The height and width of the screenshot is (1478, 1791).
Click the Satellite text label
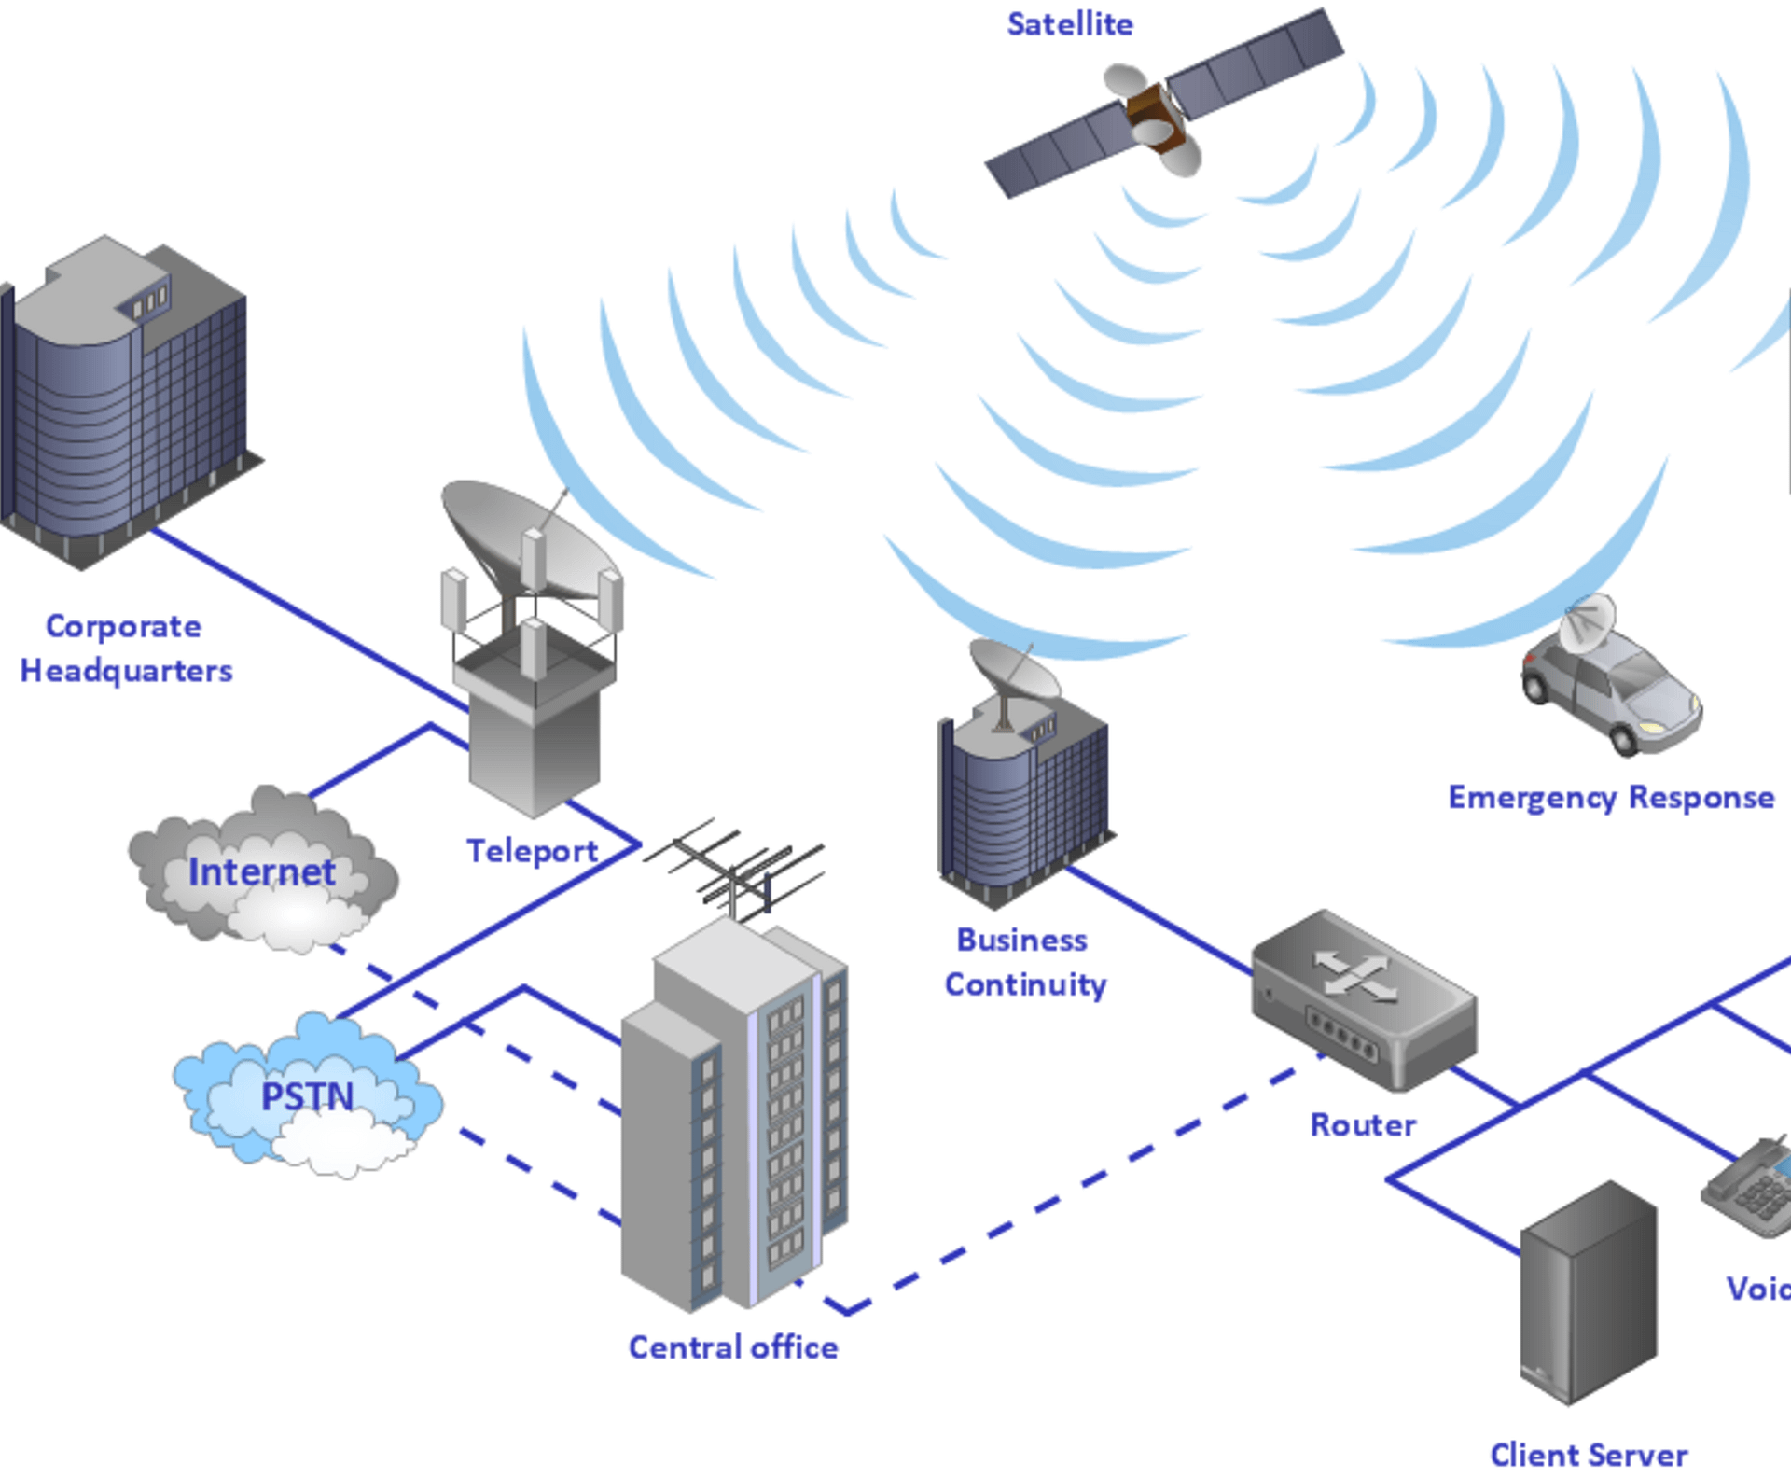click(x=1069, y=24)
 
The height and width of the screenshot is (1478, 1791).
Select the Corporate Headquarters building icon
click(x=126, y=401)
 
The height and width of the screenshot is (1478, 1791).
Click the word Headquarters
click(x=126, y=671)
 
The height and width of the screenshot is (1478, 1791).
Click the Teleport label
click(x=532, y=851)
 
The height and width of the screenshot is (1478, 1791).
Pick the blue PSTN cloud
click(x=308, y=1096)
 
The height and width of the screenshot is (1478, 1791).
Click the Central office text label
click(x=732, y=1347)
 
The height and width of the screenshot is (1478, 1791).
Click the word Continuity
click(x=1025, y=984)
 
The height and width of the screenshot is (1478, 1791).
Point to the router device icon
click(x=1362, y=998)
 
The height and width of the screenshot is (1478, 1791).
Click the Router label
click(x=1362, y=1125)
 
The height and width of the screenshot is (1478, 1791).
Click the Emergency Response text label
click(x=1610, y=798)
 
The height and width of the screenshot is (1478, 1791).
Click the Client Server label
click(x=1588, y=1455)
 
